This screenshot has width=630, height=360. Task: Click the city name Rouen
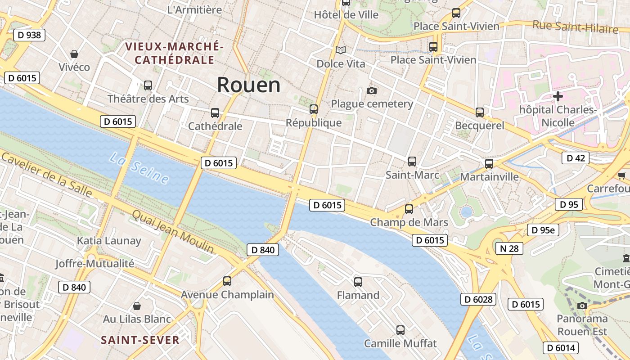(248, 85)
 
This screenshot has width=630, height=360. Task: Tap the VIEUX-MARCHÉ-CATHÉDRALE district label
(174, 53)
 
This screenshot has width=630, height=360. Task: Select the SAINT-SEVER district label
(140, 340)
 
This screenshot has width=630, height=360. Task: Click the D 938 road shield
(30, 35)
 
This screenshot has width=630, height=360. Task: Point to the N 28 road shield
(509, 248)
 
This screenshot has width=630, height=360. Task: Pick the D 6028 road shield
(478, 299)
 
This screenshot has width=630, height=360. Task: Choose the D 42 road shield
(576, 158)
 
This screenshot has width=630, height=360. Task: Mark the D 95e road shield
(543, 230)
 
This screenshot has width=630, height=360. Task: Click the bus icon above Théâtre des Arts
(148, 85)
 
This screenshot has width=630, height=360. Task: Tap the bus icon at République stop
(314, 109)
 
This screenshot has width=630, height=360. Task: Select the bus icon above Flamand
(358, 282)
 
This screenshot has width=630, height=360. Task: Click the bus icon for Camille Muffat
(400, 330)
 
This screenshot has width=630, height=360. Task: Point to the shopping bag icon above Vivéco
(74, 54)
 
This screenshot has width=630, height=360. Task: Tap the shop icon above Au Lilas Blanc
(137, 306)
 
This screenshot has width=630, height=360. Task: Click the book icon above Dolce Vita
(341, 50)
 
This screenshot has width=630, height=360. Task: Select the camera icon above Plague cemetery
(371, 90)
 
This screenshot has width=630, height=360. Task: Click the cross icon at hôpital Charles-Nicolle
(558, 96)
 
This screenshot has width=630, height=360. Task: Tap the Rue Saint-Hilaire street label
(575, 27)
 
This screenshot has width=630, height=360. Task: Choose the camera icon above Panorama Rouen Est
(582, 306)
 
